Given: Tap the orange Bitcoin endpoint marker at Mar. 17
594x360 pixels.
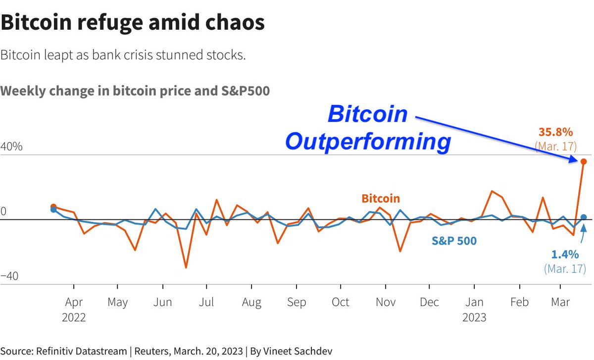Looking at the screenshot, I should (x=584, y=161).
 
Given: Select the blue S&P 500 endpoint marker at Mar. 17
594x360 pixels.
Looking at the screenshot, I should (x=584, y=217).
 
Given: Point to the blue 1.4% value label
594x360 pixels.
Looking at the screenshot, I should (x=565, y=255).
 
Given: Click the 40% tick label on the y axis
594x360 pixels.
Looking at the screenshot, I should (x=11, y=147).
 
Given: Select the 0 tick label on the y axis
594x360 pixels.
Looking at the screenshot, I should (x=3, y=211).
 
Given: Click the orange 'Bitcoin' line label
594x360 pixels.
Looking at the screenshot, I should (x=381, y=199).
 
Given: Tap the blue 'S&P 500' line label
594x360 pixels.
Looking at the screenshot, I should (x=454, y=241).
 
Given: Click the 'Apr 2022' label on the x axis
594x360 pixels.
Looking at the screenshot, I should (x=74, y=309).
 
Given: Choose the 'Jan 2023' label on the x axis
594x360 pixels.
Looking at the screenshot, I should (x=474, y=309).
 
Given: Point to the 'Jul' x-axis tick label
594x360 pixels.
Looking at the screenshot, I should (x=206, y=302).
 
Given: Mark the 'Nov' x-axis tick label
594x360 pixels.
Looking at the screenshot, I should (x=385, y=302).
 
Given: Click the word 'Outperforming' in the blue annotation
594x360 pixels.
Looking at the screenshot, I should (x=368, y=142).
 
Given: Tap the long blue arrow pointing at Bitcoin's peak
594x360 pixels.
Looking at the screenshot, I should (x=495, y=139).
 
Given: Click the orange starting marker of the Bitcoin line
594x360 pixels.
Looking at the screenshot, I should (x=53, y=206).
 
